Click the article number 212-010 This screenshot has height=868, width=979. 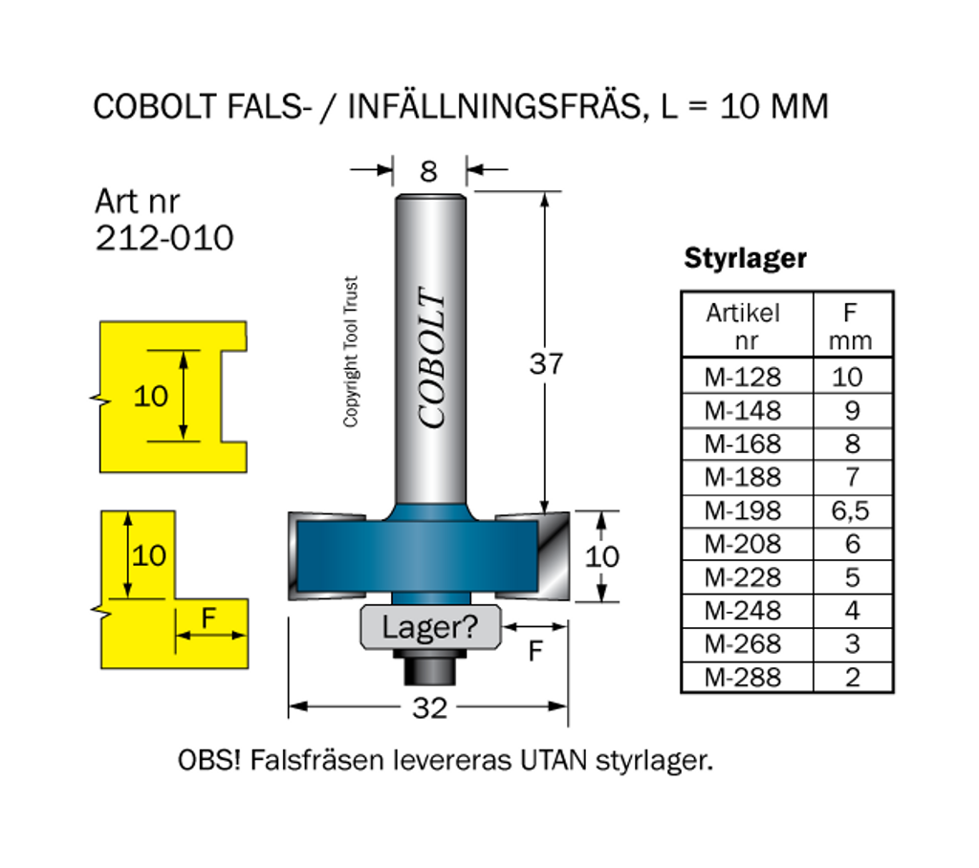163,239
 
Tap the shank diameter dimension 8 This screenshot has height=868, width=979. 428,171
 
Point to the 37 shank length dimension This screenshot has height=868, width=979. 546,364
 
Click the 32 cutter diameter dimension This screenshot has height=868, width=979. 429,707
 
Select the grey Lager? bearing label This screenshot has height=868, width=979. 429,628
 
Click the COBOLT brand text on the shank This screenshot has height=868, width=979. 432,358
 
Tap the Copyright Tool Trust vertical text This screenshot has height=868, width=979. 351,352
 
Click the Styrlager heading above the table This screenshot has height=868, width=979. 746,258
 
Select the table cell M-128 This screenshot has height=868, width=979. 743,377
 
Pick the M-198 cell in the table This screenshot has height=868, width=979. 743,510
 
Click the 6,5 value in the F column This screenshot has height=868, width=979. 850,510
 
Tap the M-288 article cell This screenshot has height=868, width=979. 743,678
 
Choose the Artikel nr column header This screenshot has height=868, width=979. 743,325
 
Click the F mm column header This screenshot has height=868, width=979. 850,325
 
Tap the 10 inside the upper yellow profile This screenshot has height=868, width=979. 150,396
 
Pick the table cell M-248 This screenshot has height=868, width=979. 743,611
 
